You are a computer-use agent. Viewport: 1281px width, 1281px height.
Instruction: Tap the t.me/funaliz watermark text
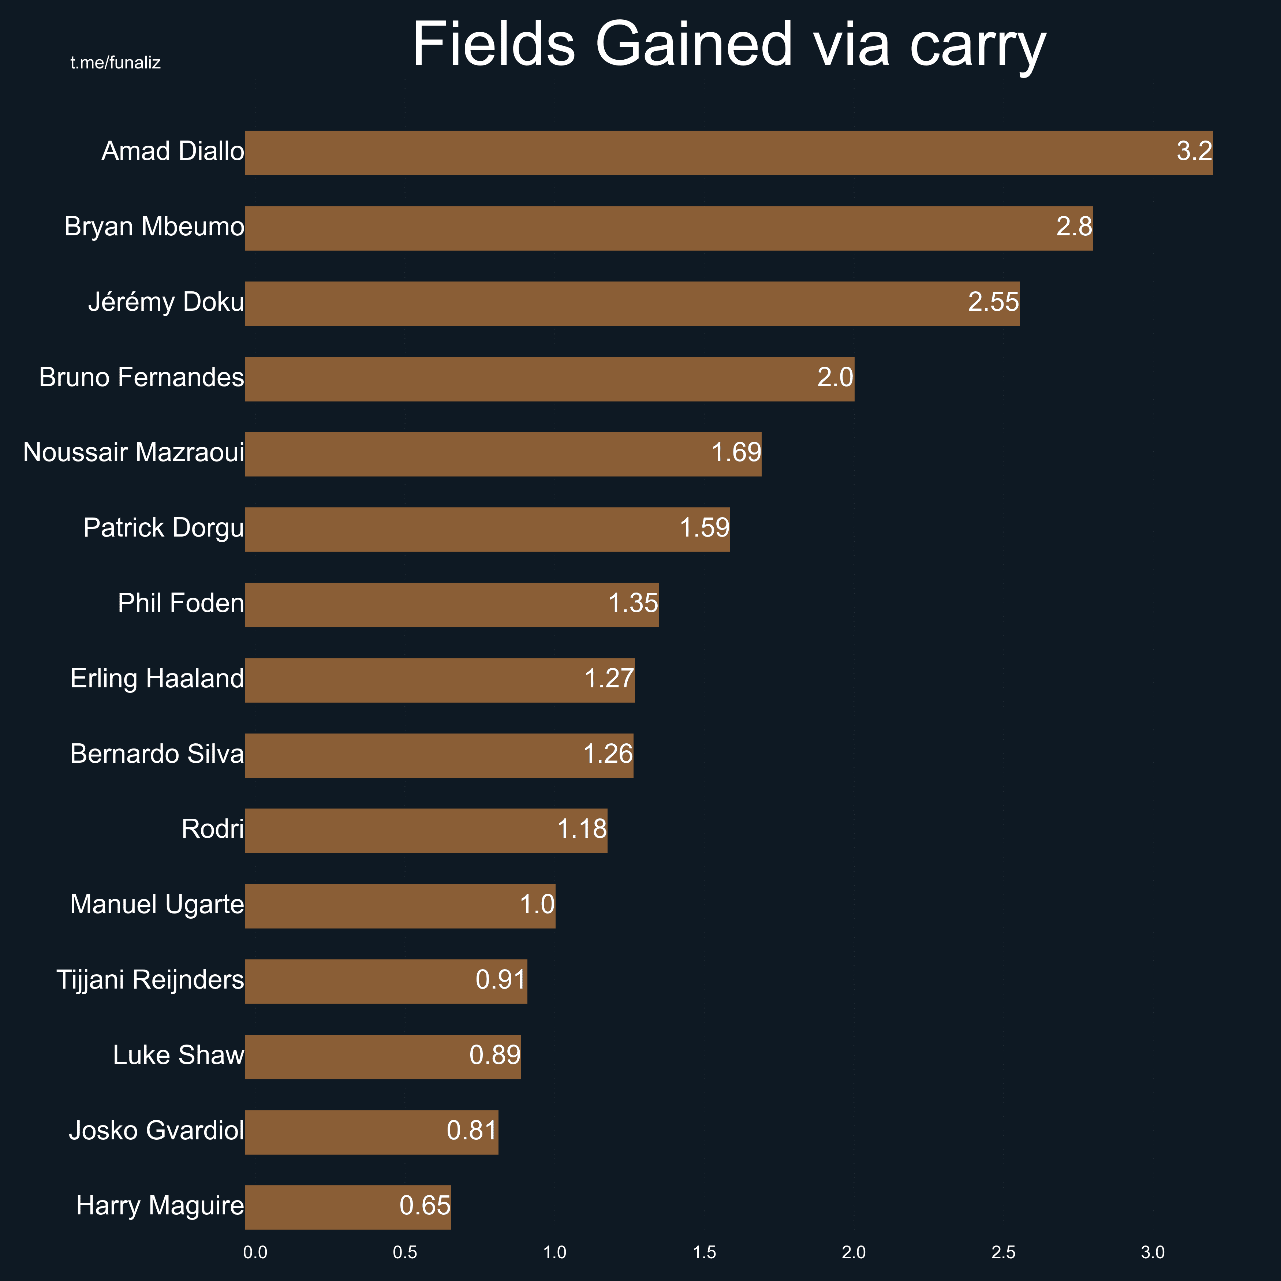(x=115, y=63)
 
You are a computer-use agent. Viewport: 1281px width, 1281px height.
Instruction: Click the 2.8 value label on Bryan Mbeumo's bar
(x=1073, y=227)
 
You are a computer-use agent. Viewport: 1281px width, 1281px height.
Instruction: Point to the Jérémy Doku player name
(x=166, y=302)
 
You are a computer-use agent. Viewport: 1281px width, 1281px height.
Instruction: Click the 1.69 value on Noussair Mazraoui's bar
(x=736, y=453)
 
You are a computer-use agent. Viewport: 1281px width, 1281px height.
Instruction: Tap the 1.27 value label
(x=609, y=679)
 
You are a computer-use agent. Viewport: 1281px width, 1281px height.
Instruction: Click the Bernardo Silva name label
(x=157, y=755)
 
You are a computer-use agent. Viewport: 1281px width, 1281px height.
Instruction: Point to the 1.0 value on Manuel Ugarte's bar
(x=537, y=904)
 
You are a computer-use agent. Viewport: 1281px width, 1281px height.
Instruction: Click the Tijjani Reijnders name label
(x=150, y=980)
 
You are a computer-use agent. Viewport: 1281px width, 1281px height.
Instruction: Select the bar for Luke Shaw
(x=382, y=1057)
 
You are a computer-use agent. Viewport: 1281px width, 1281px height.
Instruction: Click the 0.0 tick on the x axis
(x=255, y=1252)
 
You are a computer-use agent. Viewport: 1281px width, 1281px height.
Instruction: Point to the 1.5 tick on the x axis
(x=704, y=1252)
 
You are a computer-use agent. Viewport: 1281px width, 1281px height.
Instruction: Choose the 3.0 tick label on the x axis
(x=1153, y=1252)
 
